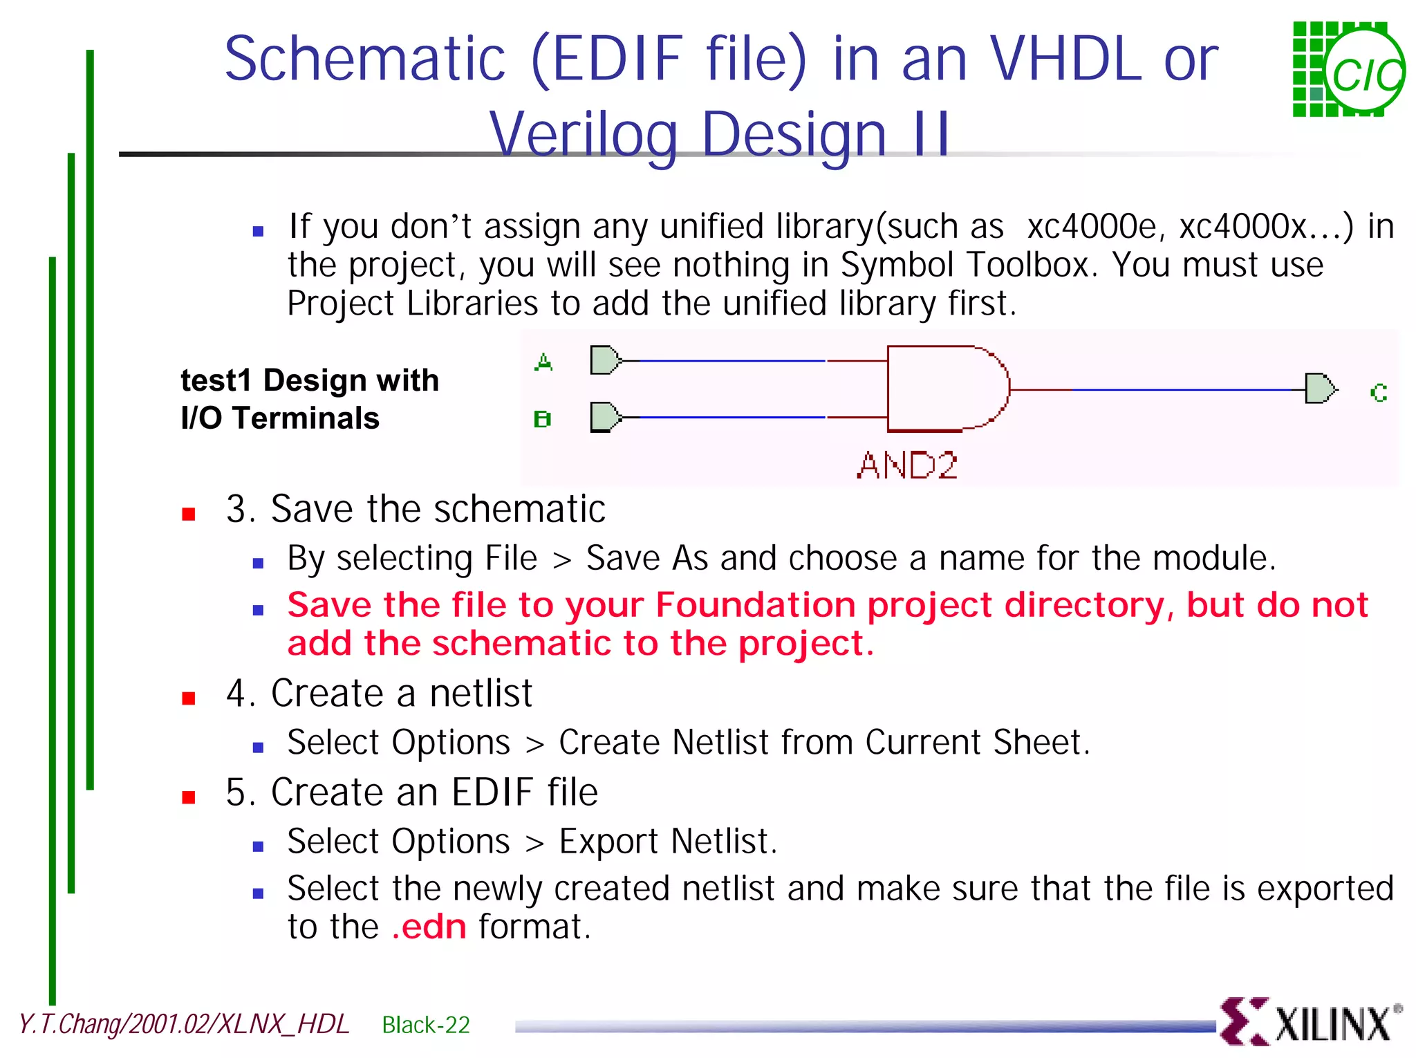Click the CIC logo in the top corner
tap(1348, 69)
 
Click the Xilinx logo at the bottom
tap(1310, 1021)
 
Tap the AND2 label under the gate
tap(906, 465)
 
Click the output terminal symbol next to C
tap(1320, 389)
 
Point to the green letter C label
tap(1379, 393)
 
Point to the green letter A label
tap(543, 362)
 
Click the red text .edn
tap(429, 927)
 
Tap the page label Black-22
tap(426, 1025)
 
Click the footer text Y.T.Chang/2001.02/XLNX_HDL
tap(184, 1024)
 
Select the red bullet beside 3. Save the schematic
tap(188, 514)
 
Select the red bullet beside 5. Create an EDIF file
tap(188, 797)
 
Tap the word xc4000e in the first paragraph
tap(1092, 227)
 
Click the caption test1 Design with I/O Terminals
tap(309, 399)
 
